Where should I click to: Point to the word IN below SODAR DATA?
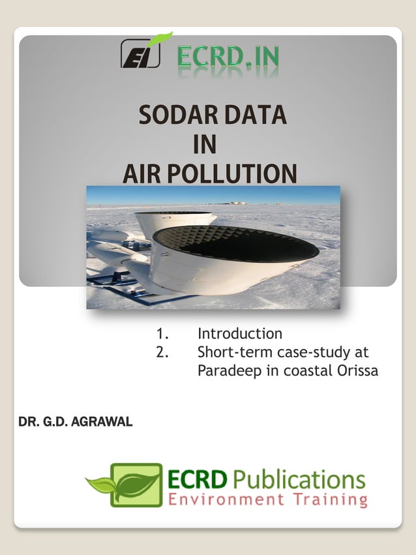[205, 144]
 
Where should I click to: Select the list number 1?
[162, 334]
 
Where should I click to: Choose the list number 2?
[162, 352]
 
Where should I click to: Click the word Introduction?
[240, 334]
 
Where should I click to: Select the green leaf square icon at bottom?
[136, 485]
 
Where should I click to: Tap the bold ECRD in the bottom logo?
[198, 481]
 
